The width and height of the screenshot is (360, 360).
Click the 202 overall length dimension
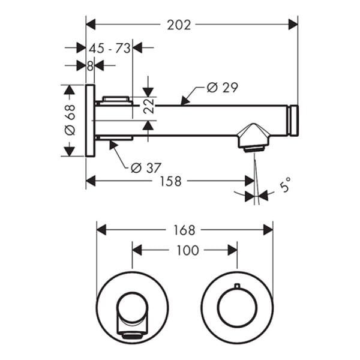179,25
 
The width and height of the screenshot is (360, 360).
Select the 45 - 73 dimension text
110,49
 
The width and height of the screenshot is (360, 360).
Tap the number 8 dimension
90,66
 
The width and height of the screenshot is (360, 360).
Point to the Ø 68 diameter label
70,121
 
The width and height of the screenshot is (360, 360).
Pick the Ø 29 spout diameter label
222,88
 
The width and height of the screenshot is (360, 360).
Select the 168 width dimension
184,230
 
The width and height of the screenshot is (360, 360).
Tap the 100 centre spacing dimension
188,250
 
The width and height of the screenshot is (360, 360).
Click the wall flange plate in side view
90,121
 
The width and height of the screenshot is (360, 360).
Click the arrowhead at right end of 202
294,25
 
